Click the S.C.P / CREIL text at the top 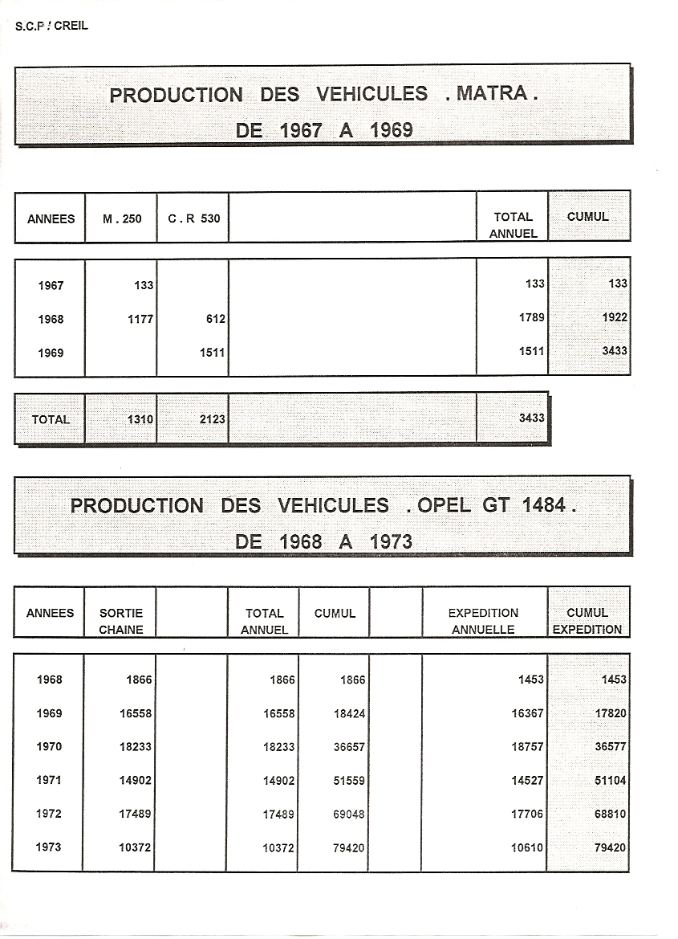[x=51, y=26]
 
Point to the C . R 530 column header [x=193, y=218]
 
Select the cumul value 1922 [x=615, y=317]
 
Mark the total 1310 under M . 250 [x=140, y=419]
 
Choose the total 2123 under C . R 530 [x=212, y=419]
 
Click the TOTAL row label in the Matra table [x=51, y=419]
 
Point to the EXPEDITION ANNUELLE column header [x=483, y=621]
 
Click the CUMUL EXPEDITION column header [x=587, y=621]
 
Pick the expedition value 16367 [x=527, y=713]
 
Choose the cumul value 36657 [x=349, y=747]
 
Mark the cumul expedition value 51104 [x=611, y=780]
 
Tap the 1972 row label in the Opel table [x=49, y=814]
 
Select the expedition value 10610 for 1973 [x=527, y=847]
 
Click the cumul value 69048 [x=349, y=814]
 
